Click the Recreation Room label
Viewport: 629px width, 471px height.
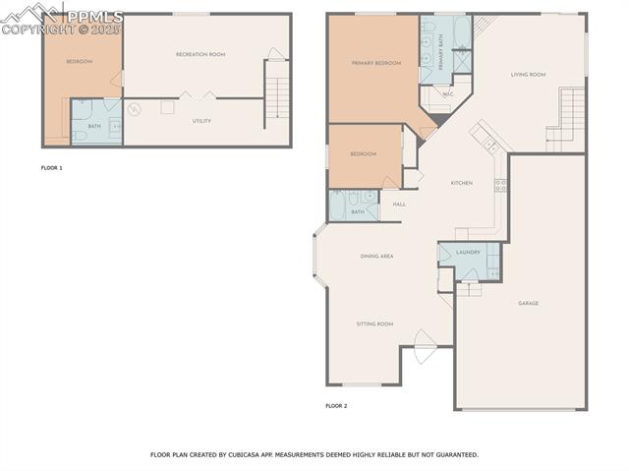click(x=200, y=54)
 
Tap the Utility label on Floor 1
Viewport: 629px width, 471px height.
click(x=200, y=121)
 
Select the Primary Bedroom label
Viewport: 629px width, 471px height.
click(x=376, y=63)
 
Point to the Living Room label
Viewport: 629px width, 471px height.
click(x=528, y=74)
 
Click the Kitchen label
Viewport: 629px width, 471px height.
click(x=462, y=183)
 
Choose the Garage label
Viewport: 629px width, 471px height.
click(x=528, y=303)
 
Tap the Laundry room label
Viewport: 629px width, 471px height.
click(x=468, y=252)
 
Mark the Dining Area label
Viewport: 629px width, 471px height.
click(x=376, y=256)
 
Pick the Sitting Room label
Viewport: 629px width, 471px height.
click(x=374, y=324)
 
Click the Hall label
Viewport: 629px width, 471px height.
click(x=399, y=205)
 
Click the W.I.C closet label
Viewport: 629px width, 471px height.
click(x=447, y=95)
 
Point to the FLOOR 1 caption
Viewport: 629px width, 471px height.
click(x=51, y=168)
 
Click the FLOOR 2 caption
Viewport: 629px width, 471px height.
click(x=336, y=405)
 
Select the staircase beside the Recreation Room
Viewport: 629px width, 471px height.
click(x=278, y=93)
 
